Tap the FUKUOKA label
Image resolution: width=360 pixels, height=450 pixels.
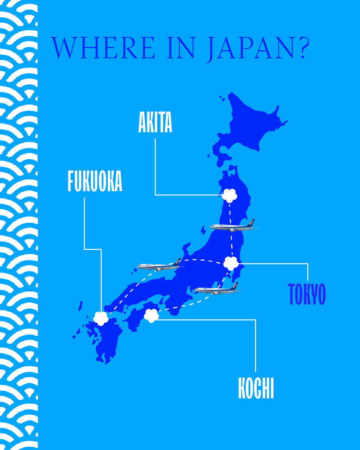[x=95, y=181]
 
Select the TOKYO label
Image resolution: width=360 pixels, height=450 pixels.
[x=307, y=294]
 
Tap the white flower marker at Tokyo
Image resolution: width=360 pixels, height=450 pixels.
[x=231, y=263]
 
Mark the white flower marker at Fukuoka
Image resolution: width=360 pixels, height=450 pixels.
[x=101, y=318]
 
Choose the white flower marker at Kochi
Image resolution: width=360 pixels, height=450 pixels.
[x=151, y=315]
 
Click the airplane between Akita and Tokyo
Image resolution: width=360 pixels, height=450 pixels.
[x=233, y=226]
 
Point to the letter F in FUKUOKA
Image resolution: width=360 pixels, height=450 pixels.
[x=70, y=181]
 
